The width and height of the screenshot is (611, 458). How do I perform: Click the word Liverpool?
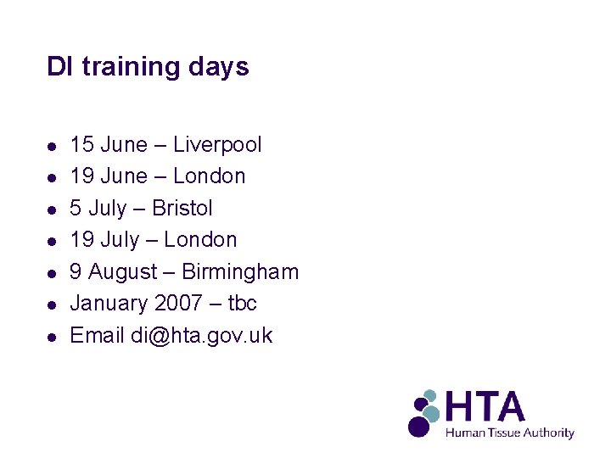pos(217,145)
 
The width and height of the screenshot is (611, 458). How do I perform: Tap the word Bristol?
pos(182,208)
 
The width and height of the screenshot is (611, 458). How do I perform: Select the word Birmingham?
pos(240,272)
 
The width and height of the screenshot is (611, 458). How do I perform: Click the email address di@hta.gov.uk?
pos(202,335)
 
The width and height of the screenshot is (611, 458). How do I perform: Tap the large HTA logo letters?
pos(486,407)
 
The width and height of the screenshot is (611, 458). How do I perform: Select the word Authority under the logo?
pos(549,433)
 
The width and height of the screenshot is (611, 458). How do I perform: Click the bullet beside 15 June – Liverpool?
pos(52,146)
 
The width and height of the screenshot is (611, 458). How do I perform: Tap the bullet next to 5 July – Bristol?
pos(52,209)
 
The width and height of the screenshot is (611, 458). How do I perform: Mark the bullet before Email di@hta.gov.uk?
pos(52,337)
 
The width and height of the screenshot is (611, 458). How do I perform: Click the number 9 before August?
pos(76,272)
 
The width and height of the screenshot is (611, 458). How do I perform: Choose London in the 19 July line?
pos(200,240)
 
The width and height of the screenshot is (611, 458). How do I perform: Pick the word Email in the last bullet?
pos(97,335)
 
